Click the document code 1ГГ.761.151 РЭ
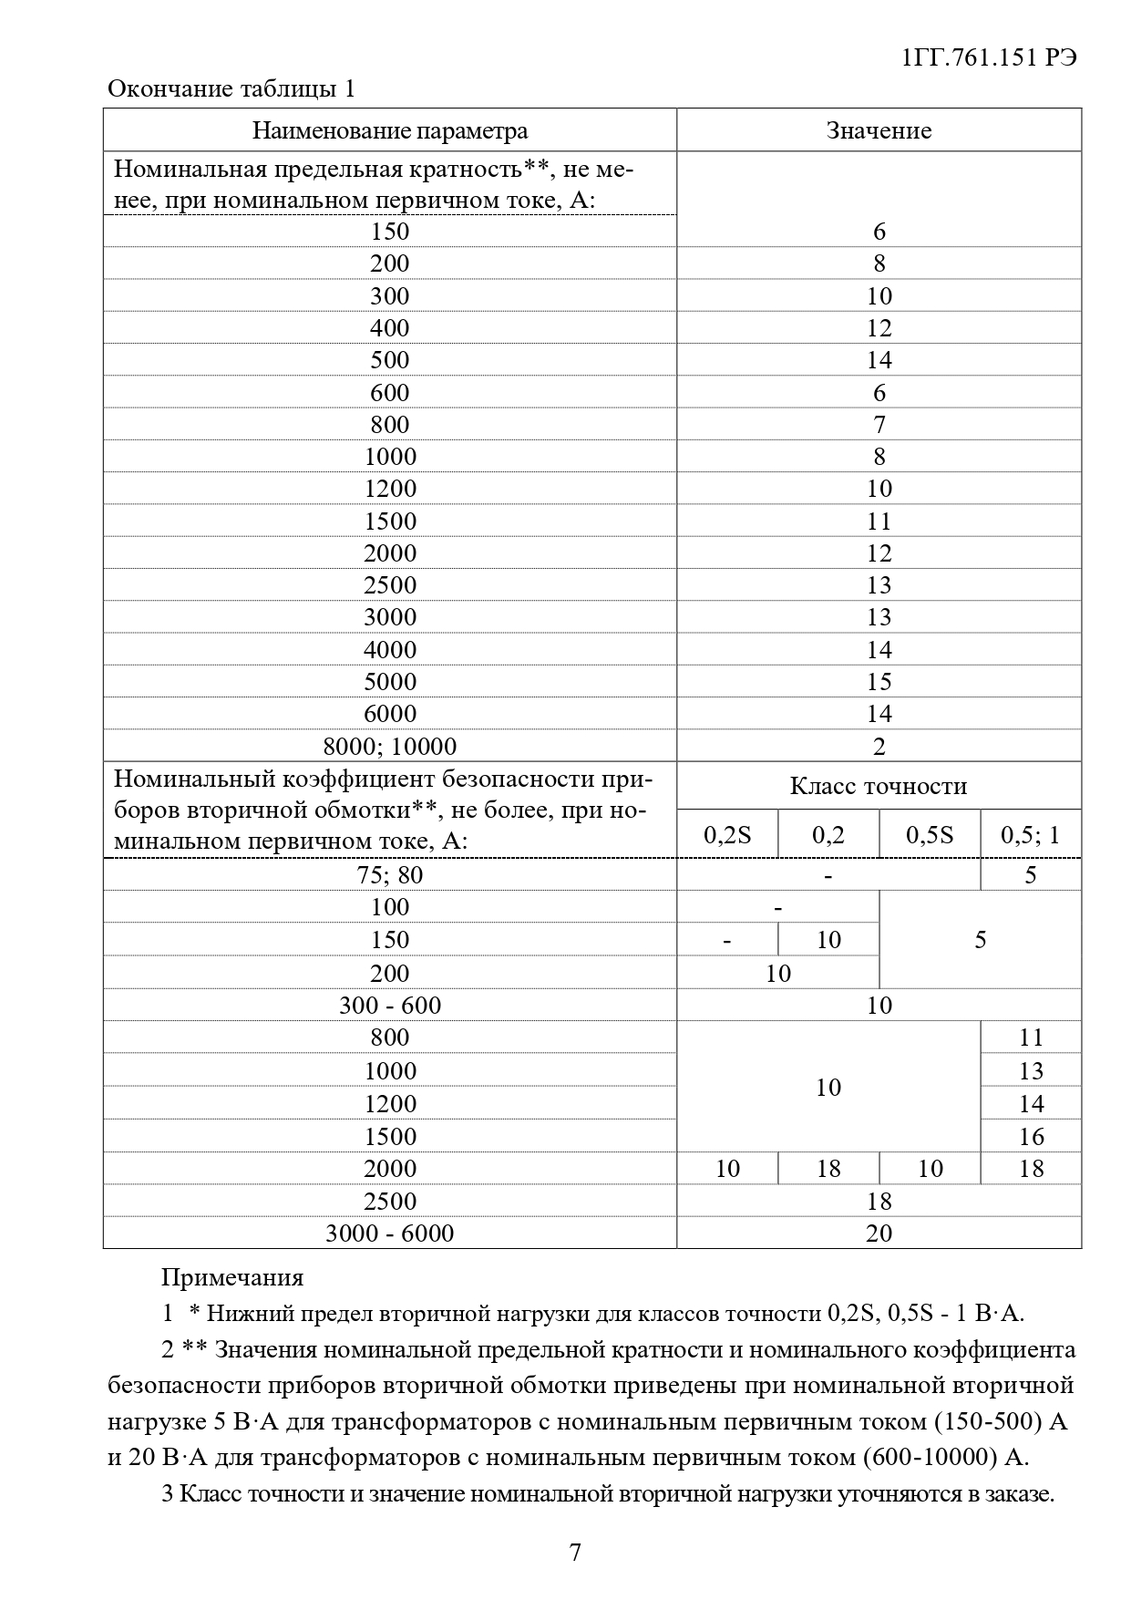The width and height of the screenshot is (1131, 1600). click(x=988, y=57)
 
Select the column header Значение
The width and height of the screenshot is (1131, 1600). click(x=879, y=130)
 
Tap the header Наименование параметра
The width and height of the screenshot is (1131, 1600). click(x=389, y=130)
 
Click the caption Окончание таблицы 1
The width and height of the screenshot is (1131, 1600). click(x=231, y=88)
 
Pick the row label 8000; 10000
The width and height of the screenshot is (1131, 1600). click(x=389, y=746)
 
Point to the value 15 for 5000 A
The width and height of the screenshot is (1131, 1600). click(x=879, y=682)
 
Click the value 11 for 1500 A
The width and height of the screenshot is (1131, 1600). click(x=879, y=521)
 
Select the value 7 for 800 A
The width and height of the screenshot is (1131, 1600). click(x=879, y=425)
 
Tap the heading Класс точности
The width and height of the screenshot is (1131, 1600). click(x=879, y=786)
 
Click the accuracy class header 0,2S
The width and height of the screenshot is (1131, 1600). click(x=727, y=835)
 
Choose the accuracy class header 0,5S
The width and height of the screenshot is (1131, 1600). click(x=930, y=835)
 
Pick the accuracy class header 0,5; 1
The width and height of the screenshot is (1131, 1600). click(x=1031, y=835)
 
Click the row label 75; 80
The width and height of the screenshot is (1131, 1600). click(x=389, y=875)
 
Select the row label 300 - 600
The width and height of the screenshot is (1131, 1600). click(x=389, y=1006)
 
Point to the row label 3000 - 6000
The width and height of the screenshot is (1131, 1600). click(x=389, y=1234)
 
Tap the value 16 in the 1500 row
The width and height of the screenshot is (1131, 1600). click(x=1031, y=1137)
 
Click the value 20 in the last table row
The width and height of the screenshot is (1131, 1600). click(x=879, y=1234)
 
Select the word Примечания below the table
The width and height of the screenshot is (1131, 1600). click(x=232, y=1277)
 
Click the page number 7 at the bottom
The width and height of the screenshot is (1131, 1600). click(x=574, y=1553)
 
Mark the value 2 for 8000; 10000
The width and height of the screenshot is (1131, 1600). click(x=879, y=747)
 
